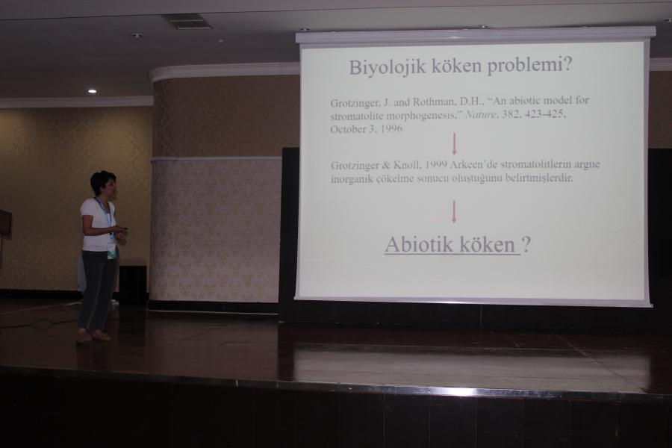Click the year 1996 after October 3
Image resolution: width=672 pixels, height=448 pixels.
391,128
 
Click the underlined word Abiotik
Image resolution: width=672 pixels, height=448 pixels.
419,244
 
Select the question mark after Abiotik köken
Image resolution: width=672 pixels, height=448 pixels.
526,244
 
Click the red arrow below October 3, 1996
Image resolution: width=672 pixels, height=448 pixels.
454,143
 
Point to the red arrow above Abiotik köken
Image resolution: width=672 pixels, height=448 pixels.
454,212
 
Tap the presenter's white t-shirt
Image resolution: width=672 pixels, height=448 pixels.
98,224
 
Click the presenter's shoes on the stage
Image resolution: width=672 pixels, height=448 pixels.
93,336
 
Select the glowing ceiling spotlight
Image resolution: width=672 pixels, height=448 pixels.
92,91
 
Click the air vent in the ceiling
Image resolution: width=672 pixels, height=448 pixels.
189,22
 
